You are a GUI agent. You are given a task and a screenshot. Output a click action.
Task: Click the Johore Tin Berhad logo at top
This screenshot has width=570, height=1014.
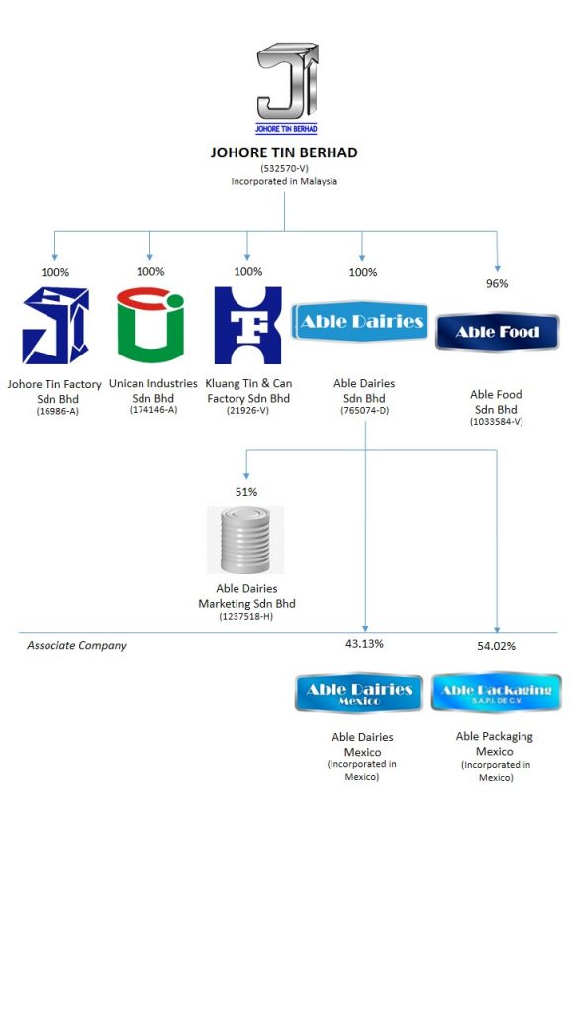[x=287, y=88]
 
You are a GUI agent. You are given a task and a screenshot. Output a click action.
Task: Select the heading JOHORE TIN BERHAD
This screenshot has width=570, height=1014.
[x=284, y=152]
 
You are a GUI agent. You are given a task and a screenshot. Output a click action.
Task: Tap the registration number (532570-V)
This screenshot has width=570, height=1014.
[x=284, y=168]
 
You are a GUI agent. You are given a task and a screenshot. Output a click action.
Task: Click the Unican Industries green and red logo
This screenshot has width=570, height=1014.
[x=150, y=325]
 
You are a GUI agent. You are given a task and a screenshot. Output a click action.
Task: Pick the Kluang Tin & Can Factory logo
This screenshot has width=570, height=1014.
[x=247, y=325]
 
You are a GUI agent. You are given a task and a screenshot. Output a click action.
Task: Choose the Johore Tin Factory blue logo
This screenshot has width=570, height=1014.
[x=55, y=325]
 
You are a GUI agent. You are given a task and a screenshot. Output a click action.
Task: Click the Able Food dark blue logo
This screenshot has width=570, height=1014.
[x=497, y=332]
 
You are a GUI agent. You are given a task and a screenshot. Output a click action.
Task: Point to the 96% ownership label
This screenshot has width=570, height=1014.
[x=497, y=283]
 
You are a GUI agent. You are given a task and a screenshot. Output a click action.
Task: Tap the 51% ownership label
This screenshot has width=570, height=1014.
[x=246, y=492]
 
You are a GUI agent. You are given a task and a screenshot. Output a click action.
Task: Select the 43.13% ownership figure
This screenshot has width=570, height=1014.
[x=364, y=644]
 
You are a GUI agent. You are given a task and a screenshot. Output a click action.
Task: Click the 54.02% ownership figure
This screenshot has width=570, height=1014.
[x=497, y=646]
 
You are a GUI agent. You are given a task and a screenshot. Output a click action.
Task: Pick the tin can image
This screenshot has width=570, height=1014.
[x=245, y=540]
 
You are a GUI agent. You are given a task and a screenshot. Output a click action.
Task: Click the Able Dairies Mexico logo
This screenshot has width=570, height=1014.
[x=358, y=693]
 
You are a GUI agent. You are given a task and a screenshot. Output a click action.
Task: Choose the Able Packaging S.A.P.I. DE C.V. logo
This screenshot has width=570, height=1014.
[x=497, y=692]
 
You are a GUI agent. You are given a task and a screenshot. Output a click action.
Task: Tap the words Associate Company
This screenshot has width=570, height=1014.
[x=76, y=646]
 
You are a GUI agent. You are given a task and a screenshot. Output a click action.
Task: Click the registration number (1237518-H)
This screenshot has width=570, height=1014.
[x=246, y=617]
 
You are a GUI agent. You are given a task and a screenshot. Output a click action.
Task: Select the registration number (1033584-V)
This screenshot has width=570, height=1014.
[x=497, y=422]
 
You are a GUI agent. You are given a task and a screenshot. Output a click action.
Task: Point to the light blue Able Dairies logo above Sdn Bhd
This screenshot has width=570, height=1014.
[x=360, y=321]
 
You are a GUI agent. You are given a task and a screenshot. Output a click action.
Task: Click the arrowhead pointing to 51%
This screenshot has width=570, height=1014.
[x=246, y=476]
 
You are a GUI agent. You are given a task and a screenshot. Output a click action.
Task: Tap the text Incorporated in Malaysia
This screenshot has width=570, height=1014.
[x=284, y=182]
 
